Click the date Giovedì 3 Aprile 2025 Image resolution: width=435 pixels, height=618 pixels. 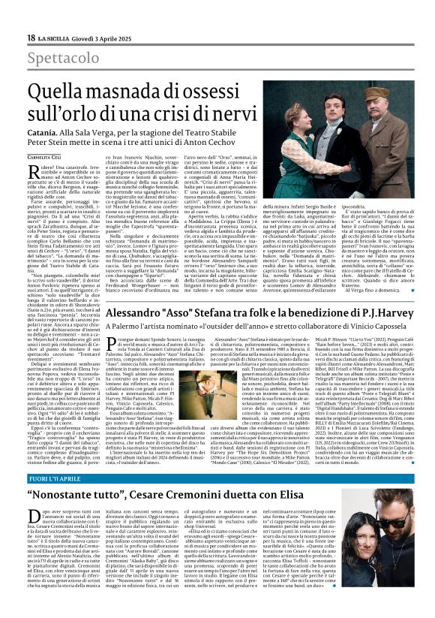tap(98, 38)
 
